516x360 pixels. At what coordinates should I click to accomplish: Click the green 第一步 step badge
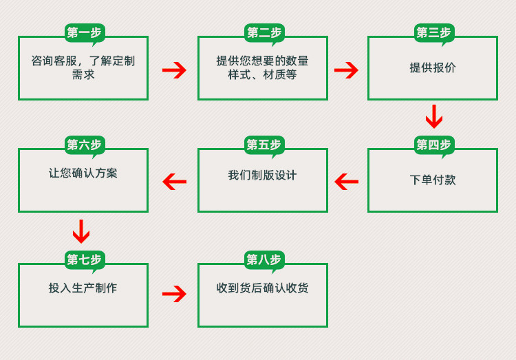[84, 32]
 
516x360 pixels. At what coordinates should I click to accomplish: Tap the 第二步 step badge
[264, 32]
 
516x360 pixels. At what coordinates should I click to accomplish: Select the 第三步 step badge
[433, 32]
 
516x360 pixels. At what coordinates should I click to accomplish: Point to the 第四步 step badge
[433, 145]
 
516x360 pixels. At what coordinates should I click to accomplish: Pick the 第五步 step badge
[264, 145]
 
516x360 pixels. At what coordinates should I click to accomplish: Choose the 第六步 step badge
[84, 145]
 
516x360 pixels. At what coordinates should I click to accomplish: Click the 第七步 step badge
[84, 260]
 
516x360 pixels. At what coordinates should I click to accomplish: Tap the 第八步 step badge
[264, 260]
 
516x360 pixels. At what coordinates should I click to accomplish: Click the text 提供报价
[432, 67]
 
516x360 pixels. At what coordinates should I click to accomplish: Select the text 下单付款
[432, 180]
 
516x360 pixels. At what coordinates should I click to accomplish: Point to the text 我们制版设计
[262, 175]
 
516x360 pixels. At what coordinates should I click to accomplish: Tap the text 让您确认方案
[83, 173]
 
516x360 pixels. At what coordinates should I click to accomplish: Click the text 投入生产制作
[83, 288]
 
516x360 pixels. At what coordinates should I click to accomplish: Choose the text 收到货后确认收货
[262, 288]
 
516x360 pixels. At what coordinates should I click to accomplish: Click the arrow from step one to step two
[174, 70]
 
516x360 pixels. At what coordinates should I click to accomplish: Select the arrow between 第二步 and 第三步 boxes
[346, 70]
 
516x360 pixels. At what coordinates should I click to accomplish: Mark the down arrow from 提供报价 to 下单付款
[433, 116]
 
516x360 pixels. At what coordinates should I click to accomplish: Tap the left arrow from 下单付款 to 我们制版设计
[347, 182]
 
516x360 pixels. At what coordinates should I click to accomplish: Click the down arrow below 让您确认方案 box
[81, 231]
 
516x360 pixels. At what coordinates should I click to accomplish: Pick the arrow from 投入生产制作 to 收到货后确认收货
[174, 294]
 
